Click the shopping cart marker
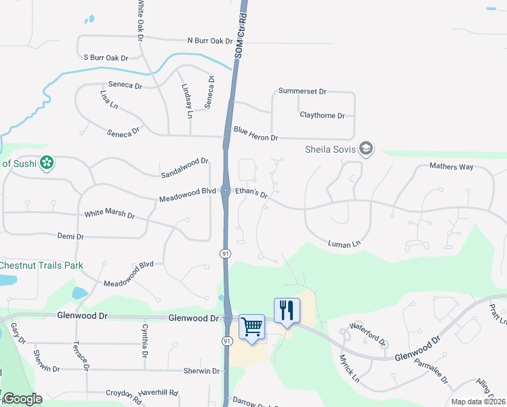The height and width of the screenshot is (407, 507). point(251,327)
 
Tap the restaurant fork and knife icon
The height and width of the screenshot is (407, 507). point(287,311)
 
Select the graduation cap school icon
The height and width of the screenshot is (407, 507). point(366,149)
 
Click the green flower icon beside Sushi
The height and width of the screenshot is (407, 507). point(46,163)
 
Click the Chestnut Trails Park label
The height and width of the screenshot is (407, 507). point(41,265)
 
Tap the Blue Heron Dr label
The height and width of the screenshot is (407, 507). point(256,133)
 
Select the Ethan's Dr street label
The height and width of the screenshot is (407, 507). point(251,193)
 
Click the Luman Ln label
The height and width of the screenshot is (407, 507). point(343,244)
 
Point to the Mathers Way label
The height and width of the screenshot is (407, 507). point(451,166)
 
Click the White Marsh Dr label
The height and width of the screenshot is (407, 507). point(109,214)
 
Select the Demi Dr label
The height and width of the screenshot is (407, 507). point(70,237)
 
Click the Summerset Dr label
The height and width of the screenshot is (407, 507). point(302,91)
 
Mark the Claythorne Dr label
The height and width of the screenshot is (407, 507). point(323,115)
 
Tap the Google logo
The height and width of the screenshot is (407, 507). point(23,399)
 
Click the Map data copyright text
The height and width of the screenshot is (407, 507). point(478,402)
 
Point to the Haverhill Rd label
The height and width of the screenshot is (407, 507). point(158,392)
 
